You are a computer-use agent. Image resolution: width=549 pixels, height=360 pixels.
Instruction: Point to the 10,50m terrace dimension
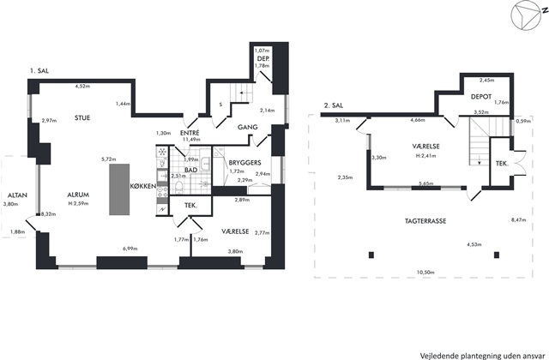(425, 273)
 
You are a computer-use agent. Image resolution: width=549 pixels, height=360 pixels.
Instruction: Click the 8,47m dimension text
(518, 220)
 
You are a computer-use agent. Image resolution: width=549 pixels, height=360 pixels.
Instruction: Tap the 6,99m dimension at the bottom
(130, 249)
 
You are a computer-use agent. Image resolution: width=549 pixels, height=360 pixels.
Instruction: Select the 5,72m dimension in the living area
(108, 159)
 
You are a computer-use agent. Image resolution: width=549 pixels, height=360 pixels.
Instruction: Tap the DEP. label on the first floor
(262, 58)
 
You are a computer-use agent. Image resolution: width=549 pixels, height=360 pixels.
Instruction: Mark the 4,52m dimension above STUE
(83, 86)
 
